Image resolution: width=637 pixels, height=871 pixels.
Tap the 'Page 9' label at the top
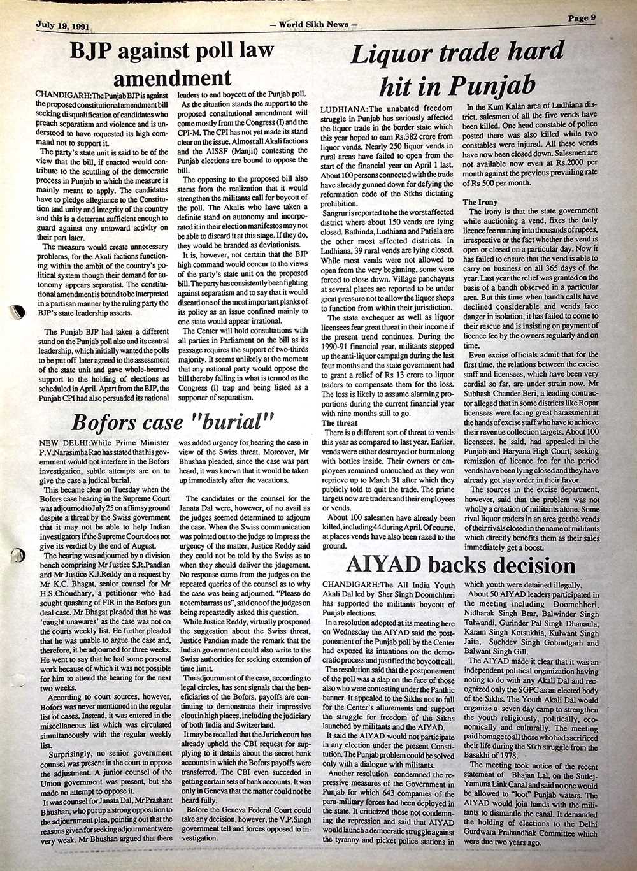point(581,18)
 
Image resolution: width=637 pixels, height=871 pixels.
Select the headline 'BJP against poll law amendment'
point(171,64)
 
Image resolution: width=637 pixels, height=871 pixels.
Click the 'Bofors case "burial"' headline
point(173,422)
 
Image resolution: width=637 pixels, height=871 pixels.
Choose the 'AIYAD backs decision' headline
point(460,565)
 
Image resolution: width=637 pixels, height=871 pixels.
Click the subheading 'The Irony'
point(480,201)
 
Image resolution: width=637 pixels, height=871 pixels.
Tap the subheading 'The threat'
point(340,422)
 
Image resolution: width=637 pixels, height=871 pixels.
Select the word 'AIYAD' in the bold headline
point(382,565)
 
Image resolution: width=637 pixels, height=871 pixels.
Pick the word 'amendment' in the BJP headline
point(172,78)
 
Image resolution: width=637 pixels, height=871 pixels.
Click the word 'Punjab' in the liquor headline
point(499,84)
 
